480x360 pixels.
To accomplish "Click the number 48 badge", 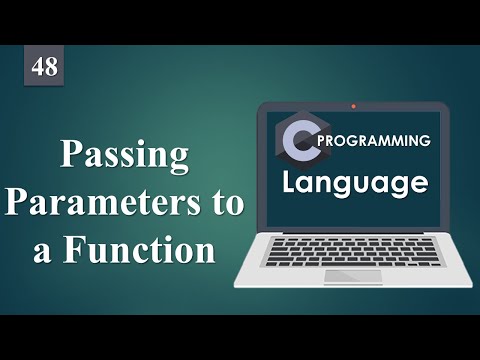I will tap(44, 68).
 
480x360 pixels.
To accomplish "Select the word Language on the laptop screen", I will tap(355, 183).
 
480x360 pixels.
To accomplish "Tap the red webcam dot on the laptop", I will tap(353, 104).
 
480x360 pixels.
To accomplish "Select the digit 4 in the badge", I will tap(38, 68).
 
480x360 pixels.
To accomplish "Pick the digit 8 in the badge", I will tap(50, 68).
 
